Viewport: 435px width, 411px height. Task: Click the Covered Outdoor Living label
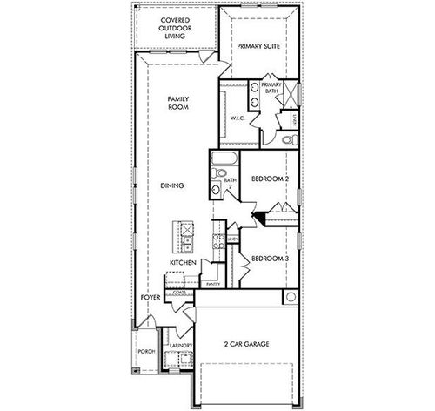point(177,28)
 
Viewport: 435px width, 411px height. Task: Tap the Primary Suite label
point(258,47)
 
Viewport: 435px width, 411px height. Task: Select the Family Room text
point(178,105)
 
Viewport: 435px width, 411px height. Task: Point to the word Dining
point(173,185)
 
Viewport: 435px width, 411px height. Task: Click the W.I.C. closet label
point(235,118)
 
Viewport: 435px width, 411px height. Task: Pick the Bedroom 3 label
point(269,259)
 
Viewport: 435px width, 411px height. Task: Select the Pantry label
point(213,283)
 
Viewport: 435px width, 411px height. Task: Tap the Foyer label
point(150,298)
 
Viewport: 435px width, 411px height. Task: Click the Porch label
point(145,353)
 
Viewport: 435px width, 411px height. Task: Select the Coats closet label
point(180,293)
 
